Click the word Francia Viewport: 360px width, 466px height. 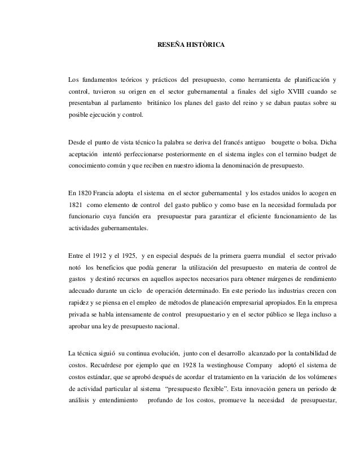point(105,193)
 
